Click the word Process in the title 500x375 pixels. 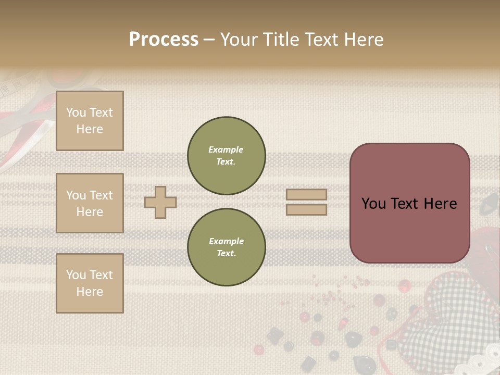[164, 40]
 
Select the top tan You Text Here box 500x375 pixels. [90, 121]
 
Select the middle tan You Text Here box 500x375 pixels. [90, 203]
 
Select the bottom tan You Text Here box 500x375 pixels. [90, 283]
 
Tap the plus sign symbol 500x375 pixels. [160, 202]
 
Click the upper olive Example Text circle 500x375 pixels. [227, 156]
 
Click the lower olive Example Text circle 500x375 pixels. [227, 247]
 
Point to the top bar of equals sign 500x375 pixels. [307, 194]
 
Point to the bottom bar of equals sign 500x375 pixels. [307, 209]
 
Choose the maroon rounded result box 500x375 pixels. [409, 203]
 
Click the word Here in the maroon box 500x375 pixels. [440, 204]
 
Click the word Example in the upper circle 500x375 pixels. [226, 149]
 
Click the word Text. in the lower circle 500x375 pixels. [226, 254]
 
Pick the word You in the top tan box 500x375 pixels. [76, 113]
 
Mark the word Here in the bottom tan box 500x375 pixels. [90, 292]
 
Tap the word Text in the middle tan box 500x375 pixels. [101, 195]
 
